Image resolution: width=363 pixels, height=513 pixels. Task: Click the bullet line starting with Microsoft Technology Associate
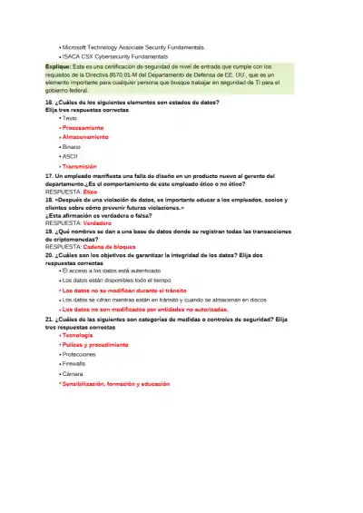point(132,47)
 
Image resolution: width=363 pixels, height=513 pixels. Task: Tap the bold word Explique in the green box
point(58,66)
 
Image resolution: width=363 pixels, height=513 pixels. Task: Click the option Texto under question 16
point(70,119)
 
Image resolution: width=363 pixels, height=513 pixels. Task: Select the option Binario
point(72,146)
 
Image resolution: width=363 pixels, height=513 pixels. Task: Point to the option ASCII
point(70,156)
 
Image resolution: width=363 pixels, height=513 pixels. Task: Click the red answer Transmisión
point(80,166)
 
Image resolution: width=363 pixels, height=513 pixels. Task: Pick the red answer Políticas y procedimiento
point(95,345)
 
